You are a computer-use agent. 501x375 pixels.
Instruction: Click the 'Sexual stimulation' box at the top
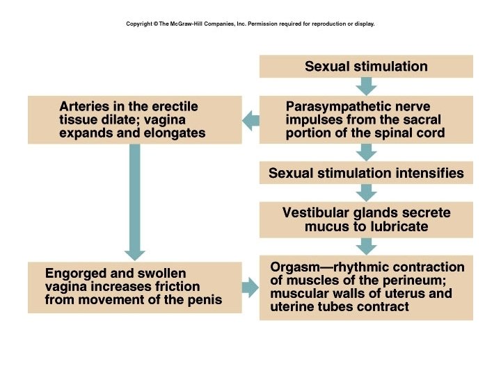coord(366,67)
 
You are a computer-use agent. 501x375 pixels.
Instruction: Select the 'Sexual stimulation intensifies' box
coord(366,173)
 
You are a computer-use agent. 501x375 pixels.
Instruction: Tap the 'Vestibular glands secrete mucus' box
coord(366,219)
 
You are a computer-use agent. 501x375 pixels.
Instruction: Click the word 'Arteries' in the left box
coord(83,107)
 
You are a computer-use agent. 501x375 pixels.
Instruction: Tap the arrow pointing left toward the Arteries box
coord(250,122)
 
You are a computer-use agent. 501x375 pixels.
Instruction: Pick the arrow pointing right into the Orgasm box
coord(250,287)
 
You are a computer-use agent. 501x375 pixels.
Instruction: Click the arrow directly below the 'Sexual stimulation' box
coord(366,86)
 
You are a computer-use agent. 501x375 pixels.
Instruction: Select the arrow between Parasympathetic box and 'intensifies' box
coord(366,152)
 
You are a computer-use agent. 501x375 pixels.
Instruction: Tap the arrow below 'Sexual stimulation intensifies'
coord(366,192)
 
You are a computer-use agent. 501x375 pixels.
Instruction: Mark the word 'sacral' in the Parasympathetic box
coord(423,120)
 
